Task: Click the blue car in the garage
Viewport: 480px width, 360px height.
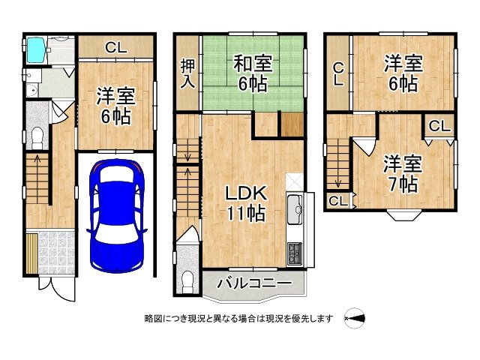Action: pyautogui.click(x=117, y=215)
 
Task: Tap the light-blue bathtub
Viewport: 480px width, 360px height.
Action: pyautogui.click(x=36, y=50)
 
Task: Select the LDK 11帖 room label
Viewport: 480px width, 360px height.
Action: pyautogui.click(x=246, y=203)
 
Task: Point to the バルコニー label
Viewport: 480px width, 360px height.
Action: pyautogui.click(x=254, y=283)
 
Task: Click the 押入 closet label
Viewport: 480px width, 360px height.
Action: pyautogui.click(x=187, y=73)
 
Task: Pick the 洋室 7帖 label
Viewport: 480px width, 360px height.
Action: pyautogui.click(x=403, y=173)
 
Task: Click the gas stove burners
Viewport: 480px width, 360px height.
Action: pyautogui.click(x=295, y=253)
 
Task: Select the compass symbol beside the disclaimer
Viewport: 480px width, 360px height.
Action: pyautogui.click(x=355, y=318)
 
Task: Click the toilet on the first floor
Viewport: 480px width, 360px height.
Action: pyautogui.click(x=37, y=138)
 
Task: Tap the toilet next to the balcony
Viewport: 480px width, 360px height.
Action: pyautogui.click(x=187, y=283)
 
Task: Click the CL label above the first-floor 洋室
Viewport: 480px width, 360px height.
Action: pyautogui.click(x=116, y=47)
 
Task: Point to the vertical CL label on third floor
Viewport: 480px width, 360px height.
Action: pyautogui.click(x=338, y=73)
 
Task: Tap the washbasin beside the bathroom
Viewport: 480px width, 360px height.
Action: pyautogui.click(x=31, y=91)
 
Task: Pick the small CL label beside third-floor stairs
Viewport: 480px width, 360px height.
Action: pyautogui.click(x=338, y=201)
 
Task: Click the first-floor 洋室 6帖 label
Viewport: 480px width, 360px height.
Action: pyautogui.click(x=116, y=106)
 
